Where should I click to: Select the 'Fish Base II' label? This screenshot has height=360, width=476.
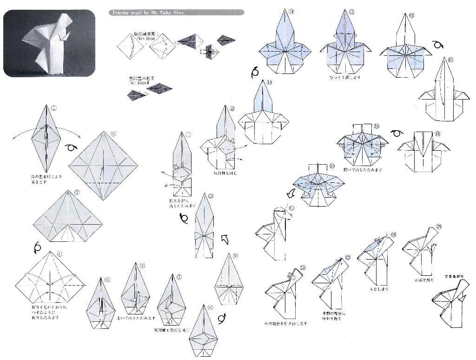140,80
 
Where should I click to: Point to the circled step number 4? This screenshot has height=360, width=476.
59,254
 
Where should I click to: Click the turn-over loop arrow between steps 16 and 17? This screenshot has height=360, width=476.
438,45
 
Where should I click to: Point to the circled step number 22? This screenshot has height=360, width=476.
303,267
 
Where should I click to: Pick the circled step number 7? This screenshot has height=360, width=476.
179,277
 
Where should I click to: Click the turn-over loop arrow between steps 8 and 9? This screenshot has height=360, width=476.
221,318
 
